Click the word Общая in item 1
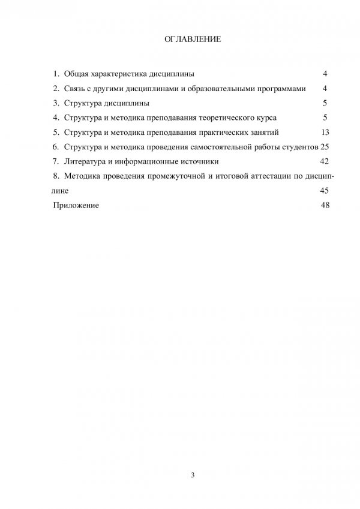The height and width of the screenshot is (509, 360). tap(77, 74)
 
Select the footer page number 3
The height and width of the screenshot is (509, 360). tap(193, 475)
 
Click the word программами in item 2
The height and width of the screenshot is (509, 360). tap(283, 88)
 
